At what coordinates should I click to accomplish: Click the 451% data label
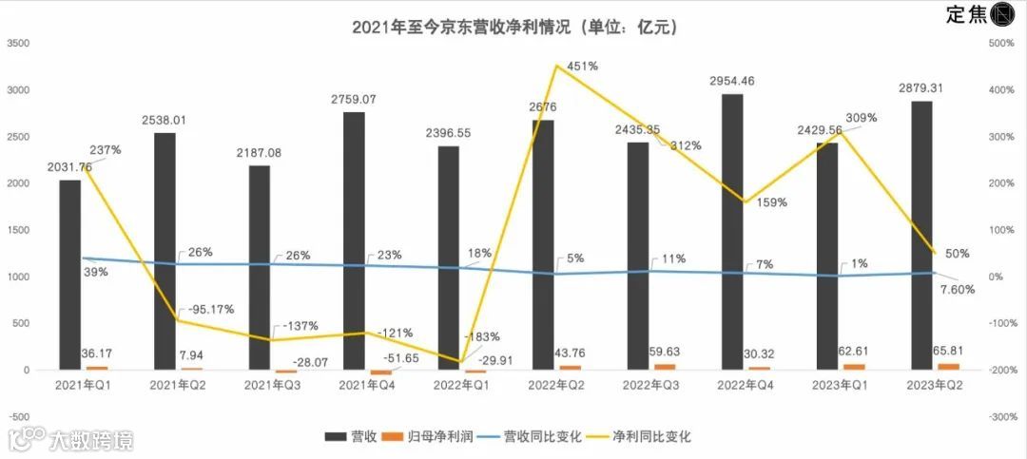click(x=583, y=67)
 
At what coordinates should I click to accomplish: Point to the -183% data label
click(x=481, y=336)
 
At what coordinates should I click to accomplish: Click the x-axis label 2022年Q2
click(x=554, y=386)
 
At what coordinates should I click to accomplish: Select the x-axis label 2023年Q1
click(x=838, y=386)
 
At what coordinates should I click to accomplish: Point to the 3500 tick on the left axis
click(x=18, y=44)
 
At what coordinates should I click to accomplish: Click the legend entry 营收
click(x=351, y=437)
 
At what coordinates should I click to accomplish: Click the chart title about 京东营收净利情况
click(x=513, y=29)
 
